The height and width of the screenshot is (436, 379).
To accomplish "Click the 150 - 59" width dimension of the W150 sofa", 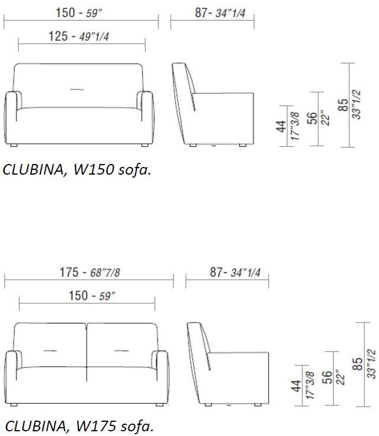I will tap(81, 12).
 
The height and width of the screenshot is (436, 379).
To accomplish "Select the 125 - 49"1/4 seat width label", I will tap(81, 37).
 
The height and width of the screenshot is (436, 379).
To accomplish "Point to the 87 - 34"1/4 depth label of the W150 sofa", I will tap(212, 12).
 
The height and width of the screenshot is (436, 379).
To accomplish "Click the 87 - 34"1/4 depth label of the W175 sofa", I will tap(227, 272).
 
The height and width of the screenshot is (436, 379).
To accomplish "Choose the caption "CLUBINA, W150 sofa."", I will tap(77, 170).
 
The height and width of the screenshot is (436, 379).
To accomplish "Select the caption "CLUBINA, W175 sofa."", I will tap(78, 426).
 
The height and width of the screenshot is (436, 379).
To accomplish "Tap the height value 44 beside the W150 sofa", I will tap(281, 126).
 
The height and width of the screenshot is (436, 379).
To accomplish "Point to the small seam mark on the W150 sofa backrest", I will tap(77, 89).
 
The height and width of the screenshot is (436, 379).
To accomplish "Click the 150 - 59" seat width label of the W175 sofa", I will tap(87, 296).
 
